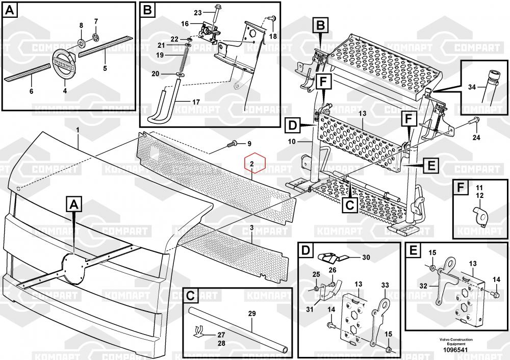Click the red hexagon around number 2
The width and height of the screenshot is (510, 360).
pos(256,164)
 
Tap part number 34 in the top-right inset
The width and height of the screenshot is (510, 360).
pos(472,87)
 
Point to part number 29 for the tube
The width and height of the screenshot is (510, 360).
pos(252,314)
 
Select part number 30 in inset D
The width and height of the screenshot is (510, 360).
pos(366,258)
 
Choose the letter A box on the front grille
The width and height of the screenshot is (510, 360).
pos(74,205)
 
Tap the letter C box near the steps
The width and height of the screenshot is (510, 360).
pos(349,205)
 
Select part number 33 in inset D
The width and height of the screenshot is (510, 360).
pos(385,285)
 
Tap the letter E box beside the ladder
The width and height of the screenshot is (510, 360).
pos(430,166)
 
